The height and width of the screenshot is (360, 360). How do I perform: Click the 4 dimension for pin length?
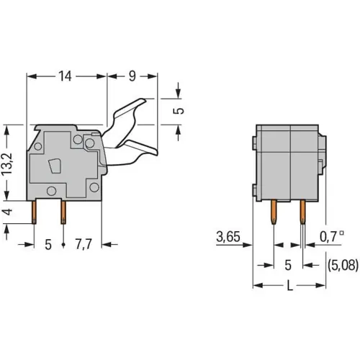click(x=8, y=212)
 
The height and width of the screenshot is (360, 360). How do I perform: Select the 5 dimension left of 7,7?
click(x=48, y=245)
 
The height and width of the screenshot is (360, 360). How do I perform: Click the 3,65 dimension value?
click(x=228, y=236)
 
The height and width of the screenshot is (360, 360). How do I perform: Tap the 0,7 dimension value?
click(x=330, y=236)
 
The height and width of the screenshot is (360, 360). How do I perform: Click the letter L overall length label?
click(x=290, y=285)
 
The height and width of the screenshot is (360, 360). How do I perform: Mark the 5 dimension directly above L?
click(x=287, y=264)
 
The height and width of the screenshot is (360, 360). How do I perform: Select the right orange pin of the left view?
click(x=63, y=211)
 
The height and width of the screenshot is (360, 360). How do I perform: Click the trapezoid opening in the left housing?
click(x=53, y=168)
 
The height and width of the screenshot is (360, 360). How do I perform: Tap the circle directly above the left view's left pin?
click(x=52, y=190)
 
